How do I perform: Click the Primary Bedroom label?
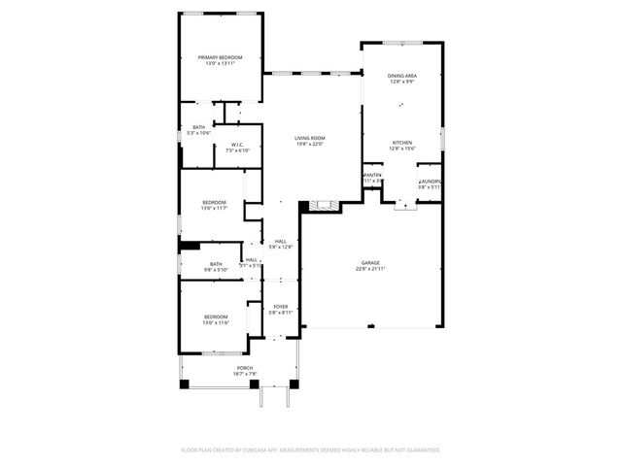click(x=221, y=57)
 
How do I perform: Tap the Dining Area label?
click(x=402, y=75)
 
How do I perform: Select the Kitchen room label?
click(x=402, y=142)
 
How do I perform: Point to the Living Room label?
click(x=310, y=138)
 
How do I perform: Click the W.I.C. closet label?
click(x=238, y=145)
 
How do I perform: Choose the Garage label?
click(x=369, y=262)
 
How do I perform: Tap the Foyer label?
click(x=281, y=306)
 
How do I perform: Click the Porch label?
click(x=245, y=368)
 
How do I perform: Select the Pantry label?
click(x=372, y=176)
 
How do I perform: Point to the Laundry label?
click(x=431, y=182)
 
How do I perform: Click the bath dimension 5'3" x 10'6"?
click(x=198, y=133)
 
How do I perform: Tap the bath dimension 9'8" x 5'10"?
click(x=216, y=269)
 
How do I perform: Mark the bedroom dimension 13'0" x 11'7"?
click(x=214, y=208)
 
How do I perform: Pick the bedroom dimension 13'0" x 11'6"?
click(x=215, y=322)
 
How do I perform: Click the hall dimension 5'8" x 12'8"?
click(x=280, y=247)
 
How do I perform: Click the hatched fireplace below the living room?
click(x=323, y=206)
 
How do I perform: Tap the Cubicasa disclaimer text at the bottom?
click(x=311, y=450)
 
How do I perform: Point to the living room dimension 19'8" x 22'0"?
click(x=310, y=145)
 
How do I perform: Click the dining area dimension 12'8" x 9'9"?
click(x=402, y=82)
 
